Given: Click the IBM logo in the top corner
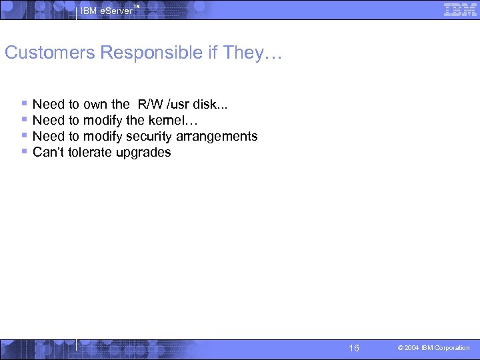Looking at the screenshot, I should click(460, 10).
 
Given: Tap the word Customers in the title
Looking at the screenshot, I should click(50, 53).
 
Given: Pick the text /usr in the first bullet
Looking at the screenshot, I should click(178, 104).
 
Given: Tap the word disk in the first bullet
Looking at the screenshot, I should click(210, 104).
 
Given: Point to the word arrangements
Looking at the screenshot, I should click(217, 136).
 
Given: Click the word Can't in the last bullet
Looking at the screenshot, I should click(49, 152).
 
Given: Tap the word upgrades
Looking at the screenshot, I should click(146, 152).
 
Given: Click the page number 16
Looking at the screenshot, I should click(354, 348).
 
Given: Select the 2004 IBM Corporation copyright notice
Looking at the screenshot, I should click(434, 348).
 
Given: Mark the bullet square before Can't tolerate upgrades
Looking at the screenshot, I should click(24, 151).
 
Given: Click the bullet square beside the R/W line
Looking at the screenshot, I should click(24, 103).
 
